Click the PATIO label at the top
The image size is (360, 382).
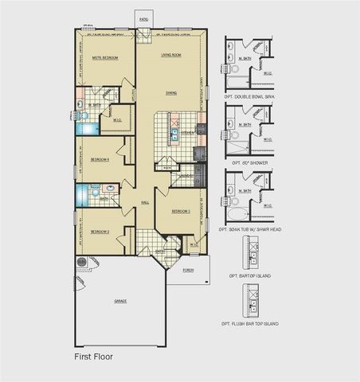(x=143, y=17)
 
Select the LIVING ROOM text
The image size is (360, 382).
(x=170, y=55)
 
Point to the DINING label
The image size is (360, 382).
(x=170, y=93)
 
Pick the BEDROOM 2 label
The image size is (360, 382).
(x=181, y=212)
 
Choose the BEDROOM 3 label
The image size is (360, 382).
(x=99, y=232)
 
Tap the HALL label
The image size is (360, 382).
(x=145, y=202)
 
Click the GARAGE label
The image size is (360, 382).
(x=120, y=301)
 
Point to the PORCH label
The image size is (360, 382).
(x=188, y=270)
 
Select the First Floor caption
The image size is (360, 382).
(x=94, y=357)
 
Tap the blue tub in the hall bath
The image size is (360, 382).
(x=80, y=195)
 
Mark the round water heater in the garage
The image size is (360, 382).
(x=81, y=261)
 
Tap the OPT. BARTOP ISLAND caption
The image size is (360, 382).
(x=250, y=275)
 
